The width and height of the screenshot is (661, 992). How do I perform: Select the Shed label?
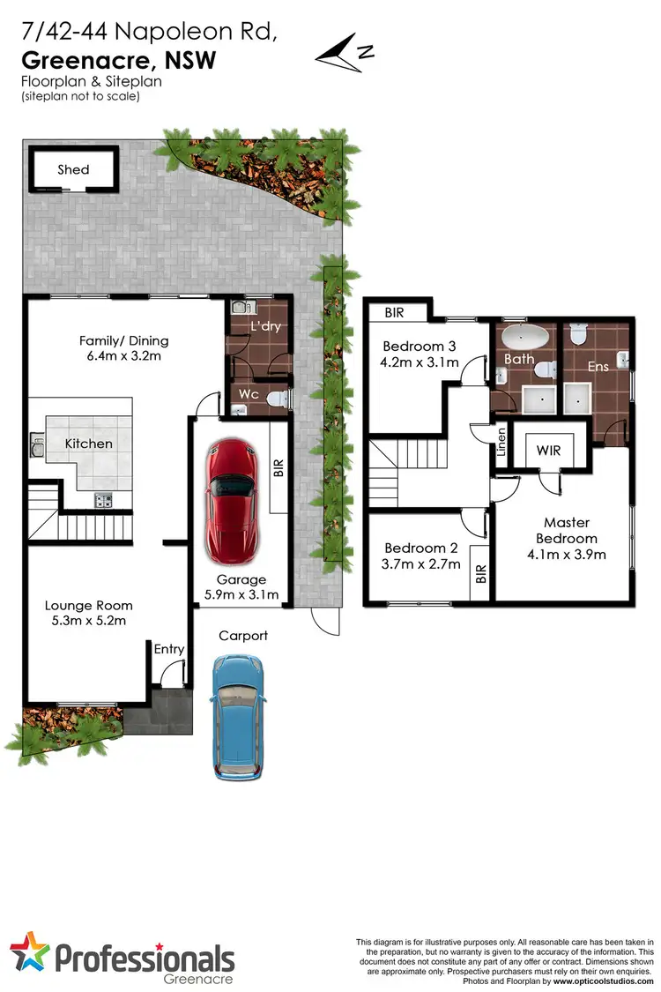coord(73,169)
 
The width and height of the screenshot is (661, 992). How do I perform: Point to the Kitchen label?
coord(89,444)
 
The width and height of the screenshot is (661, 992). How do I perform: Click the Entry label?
coord(169,649)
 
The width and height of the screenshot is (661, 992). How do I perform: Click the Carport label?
coord(243,635)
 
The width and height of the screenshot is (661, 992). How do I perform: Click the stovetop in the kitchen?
coord(103,501)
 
